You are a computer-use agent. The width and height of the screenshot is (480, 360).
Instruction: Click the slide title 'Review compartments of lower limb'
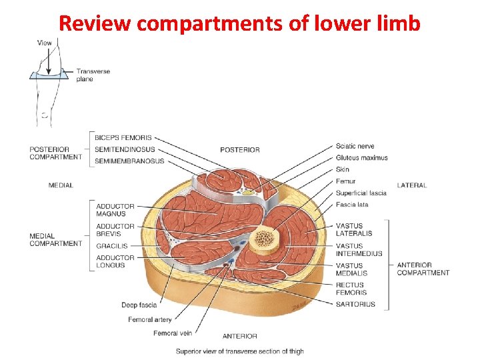240,23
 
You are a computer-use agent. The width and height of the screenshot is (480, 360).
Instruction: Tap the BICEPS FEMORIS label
123,137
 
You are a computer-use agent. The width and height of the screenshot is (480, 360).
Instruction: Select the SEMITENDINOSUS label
125,149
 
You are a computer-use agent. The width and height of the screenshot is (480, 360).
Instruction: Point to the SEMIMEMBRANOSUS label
129,161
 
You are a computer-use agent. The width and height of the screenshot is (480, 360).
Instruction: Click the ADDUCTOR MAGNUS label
115,210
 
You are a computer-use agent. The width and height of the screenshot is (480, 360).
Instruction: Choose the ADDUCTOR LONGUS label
115,261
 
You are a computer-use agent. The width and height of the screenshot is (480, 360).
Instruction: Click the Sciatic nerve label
355,146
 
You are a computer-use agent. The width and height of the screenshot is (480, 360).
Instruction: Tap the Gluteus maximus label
361,158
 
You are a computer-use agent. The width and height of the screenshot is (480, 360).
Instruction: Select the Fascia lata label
352,205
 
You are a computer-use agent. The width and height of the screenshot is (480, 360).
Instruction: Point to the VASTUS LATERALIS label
354,229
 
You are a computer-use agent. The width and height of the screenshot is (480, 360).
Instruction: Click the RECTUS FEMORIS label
351,289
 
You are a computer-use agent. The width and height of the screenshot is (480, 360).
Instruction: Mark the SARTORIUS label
355,304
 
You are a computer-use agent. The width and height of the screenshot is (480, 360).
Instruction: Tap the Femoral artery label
149,320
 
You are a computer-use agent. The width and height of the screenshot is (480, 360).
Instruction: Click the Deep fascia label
139,305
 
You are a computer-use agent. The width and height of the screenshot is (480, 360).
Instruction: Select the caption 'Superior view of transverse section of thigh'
239,351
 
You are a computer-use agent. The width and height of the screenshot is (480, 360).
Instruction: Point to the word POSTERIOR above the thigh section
239,149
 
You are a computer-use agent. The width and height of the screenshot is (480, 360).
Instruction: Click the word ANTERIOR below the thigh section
239,336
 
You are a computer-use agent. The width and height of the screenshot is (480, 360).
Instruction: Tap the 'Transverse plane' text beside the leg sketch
93,75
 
